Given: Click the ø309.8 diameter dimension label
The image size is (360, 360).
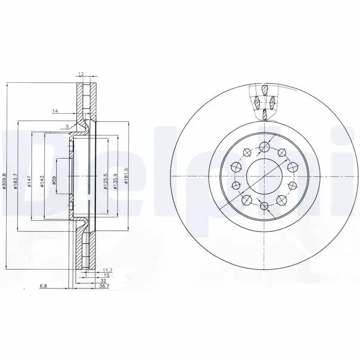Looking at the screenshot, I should point(4,182).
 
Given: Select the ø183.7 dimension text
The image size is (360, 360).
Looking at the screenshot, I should point(15,181).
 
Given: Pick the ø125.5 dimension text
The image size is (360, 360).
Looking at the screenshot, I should point(106,181).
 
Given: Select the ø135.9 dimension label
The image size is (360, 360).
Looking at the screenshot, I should point(116,181).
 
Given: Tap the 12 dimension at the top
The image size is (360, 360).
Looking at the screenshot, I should point(81,73).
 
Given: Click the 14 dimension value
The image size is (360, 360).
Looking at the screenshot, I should point(55,111).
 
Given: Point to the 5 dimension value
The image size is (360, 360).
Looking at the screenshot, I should point(67,126).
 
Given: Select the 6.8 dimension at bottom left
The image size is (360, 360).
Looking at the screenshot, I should point(43,286).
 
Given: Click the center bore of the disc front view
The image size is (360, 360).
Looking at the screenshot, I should point(264,175).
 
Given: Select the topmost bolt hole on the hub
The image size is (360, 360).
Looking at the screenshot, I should point(265,146).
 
